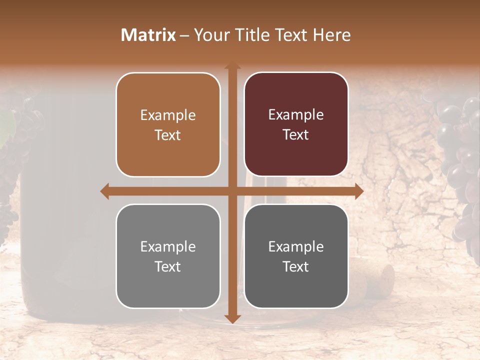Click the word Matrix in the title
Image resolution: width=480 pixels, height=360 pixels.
tap(148, 35)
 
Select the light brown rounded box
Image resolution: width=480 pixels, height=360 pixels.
tap(168, 124)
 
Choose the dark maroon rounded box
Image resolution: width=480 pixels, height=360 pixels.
tap(296, 124)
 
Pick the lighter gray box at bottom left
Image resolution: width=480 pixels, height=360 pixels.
tap(168, 256)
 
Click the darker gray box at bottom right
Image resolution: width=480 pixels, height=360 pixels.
tap(296, 256)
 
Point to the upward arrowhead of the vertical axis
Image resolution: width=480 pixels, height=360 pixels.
tap(232, 67)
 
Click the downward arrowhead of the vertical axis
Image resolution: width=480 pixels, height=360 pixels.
tap(232, 318)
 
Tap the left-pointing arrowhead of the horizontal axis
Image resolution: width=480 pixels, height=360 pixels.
tap(105, 191)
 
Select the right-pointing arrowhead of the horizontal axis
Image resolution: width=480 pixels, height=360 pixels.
tap(358, 191)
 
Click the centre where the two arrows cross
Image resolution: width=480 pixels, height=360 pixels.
tap(232, 191)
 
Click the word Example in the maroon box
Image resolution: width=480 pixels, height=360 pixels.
tap(296, 115)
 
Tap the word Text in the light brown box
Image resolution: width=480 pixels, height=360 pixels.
tap(168, 135)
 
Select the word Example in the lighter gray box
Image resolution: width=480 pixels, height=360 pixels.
tap(168, 246)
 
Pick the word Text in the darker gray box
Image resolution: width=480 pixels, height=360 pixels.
tap(296, 266)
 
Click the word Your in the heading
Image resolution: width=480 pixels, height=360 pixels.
tap(209, 35)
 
